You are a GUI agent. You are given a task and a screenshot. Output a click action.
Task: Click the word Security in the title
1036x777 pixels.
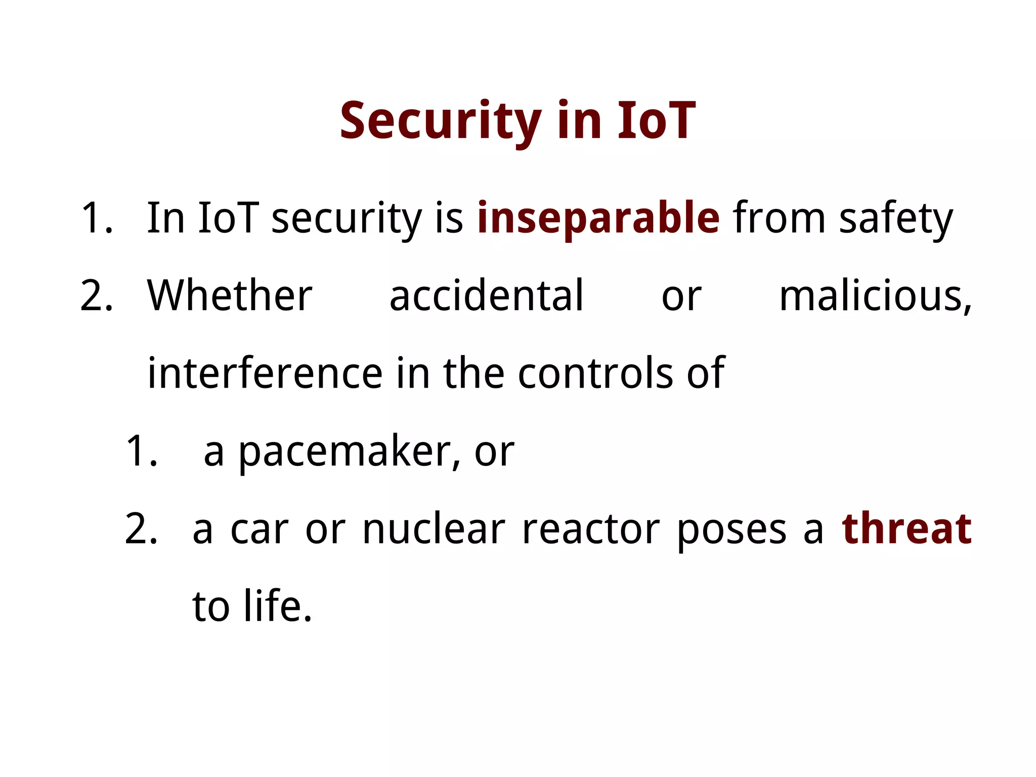440,121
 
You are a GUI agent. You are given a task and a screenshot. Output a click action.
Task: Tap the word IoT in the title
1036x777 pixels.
656,121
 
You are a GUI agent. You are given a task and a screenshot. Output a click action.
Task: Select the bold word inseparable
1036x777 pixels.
598,219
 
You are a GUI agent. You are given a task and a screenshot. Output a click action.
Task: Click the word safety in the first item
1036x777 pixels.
895,219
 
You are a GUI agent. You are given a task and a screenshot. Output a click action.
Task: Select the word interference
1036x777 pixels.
265,374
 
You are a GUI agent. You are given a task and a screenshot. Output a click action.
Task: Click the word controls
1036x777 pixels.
595,374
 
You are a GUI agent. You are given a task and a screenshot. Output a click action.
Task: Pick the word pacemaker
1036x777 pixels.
349,452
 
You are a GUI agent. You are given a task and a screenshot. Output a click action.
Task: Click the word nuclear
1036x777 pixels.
434,530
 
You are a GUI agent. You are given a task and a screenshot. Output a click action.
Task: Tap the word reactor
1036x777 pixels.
590,530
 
